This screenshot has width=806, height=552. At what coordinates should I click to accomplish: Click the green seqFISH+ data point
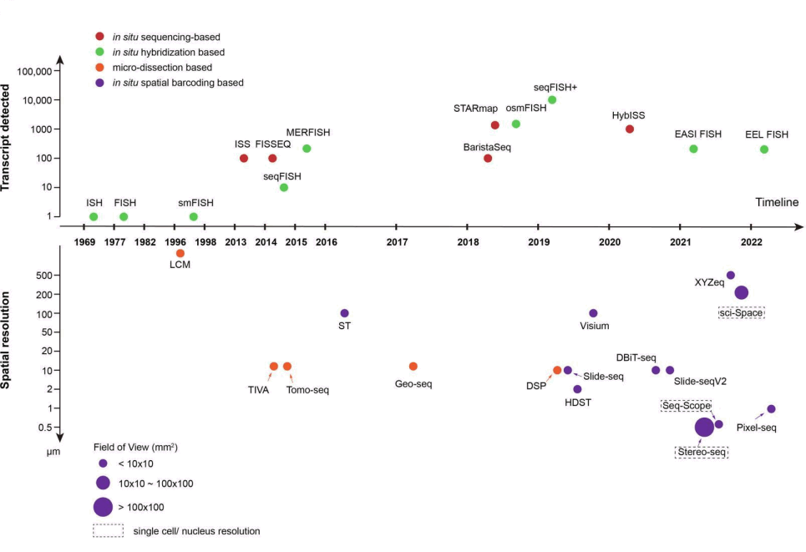point(552,100)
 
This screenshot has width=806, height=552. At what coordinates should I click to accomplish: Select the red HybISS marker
point(630,129)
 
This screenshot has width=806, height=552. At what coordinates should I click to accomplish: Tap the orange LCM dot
point(180,253)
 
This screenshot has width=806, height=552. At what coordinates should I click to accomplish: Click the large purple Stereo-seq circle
point(704,427)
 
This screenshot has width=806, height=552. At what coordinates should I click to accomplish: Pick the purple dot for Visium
point(594,313)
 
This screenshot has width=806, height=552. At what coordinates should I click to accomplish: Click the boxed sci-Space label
point(742,312)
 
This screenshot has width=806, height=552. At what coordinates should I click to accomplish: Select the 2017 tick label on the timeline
point(397,242)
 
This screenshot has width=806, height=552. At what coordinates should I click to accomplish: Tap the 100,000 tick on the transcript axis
point(38,71)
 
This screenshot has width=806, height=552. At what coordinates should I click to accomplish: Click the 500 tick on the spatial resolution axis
point(44,276)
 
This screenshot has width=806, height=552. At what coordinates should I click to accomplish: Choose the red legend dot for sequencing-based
point(100,38)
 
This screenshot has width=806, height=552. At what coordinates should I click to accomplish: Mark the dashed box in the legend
point(108,530)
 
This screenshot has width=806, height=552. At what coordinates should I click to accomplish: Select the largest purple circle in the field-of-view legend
point(103,507)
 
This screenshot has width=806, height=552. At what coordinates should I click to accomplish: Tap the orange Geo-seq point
point(413,367)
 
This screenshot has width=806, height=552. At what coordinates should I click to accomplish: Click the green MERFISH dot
point(307,149)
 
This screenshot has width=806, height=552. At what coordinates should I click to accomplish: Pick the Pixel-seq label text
point(757,428)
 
